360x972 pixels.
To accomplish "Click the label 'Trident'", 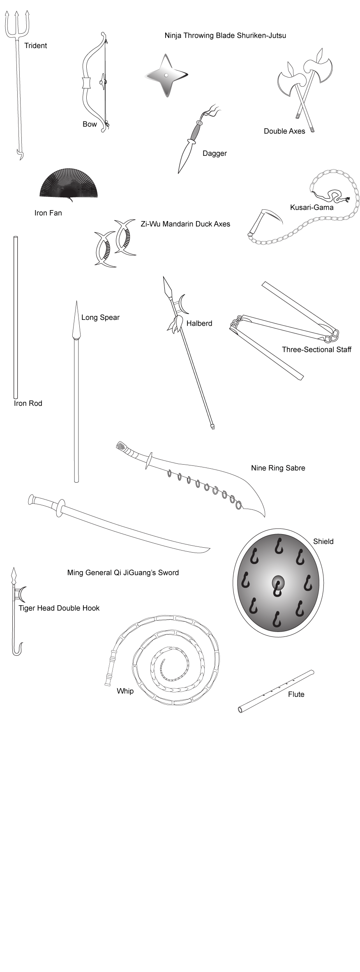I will (35, 46).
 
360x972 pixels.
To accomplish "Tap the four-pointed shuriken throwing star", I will (166, 76).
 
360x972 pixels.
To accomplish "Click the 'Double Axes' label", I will (284, 131).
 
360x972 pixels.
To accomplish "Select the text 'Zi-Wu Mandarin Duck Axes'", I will (185, 224).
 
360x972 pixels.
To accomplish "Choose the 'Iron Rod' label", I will (28, 403).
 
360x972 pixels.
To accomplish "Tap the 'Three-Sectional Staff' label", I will (316, 349).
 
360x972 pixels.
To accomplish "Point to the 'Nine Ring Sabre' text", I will (278, 468).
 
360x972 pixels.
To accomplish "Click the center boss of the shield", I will (278, 583).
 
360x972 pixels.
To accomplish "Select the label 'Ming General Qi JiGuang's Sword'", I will (123, 572).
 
